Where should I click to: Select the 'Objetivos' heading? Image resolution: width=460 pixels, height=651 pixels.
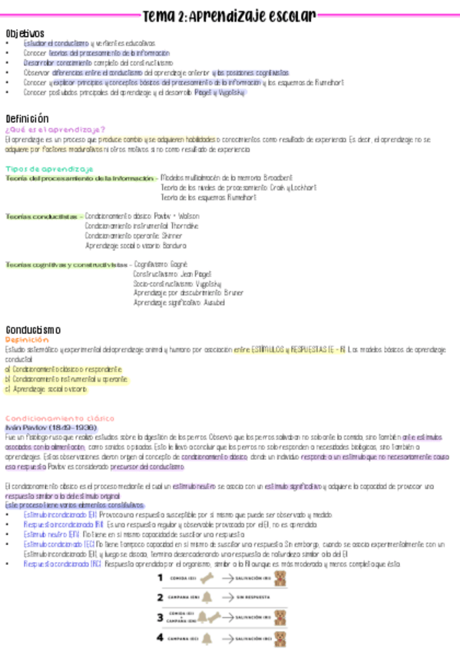(x=25, y=34)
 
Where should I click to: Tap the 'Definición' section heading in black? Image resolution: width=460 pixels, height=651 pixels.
(x=27, y=119)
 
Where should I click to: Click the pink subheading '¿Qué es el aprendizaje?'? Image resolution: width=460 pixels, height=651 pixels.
(x=55, y=130)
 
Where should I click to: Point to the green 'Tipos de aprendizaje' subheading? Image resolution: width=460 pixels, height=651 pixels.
(x=49, y=168)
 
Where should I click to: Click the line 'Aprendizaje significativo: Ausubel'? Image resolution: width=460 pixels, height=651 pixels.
(x=179, y=302)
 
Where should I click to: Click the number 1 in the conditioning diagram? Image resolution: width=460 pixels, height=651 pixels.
(x=161, y=577)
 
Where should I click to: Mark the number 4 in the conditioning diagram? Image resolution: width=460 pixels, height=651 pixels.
(x=161, y=637)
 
